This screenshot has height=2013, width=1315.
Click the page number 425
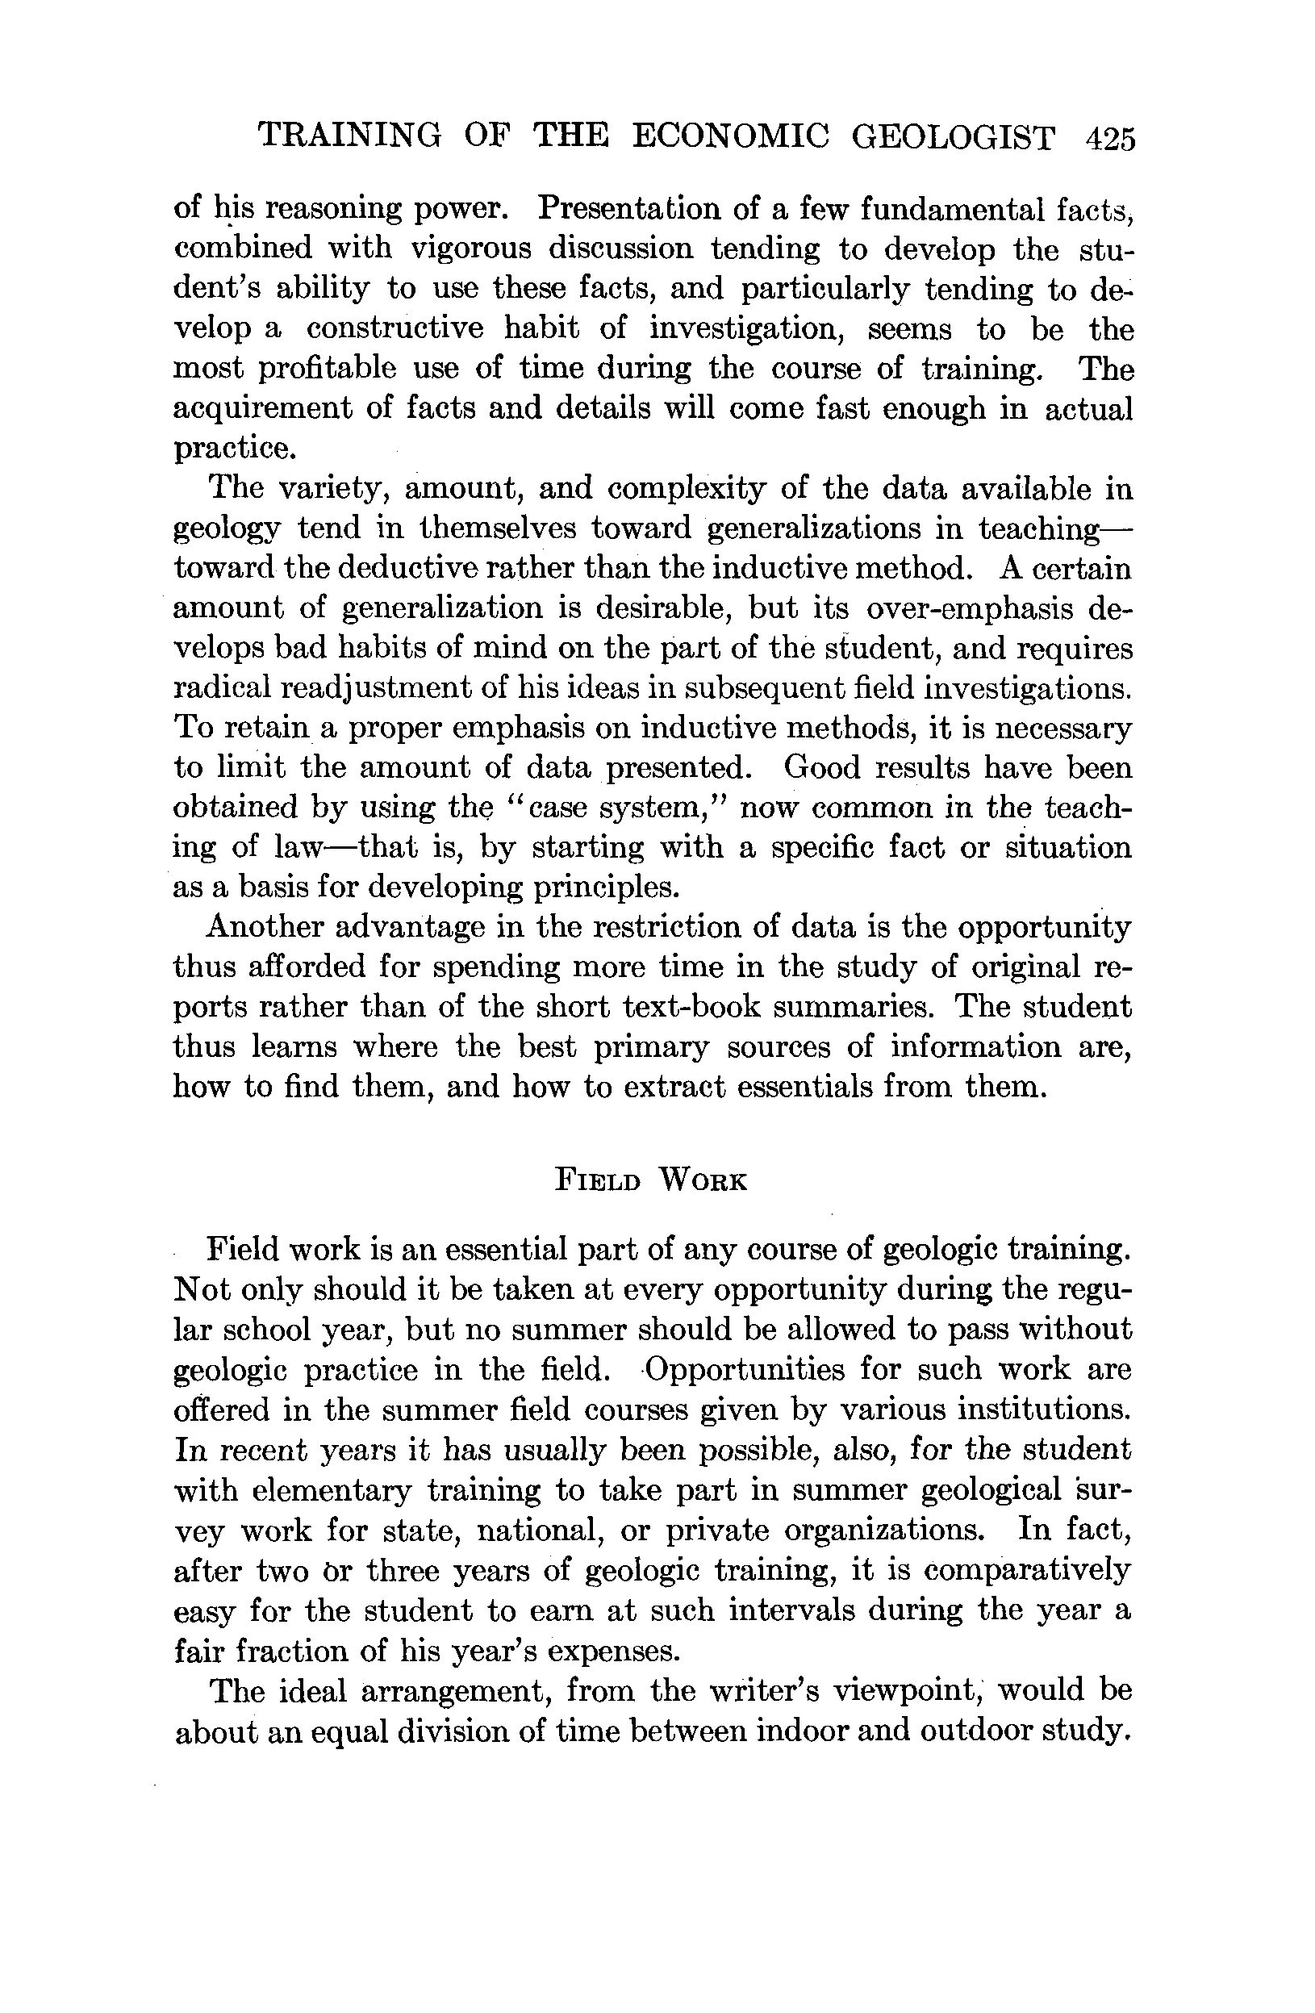pos(1108,137)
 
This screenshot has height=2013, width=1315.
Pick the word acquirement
pos(261,409)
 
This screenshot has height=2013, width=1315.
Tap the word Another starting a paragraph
pos(262,927)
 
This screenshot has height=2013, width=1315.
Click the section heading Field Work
pos(651,1180)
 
